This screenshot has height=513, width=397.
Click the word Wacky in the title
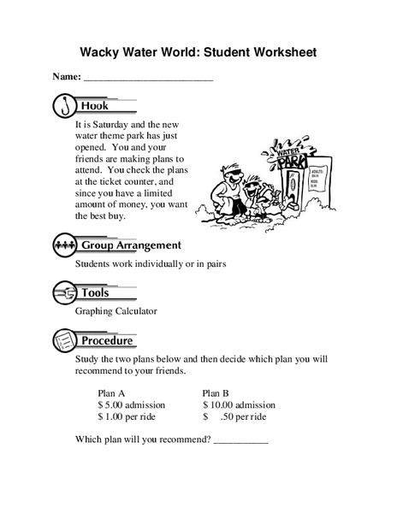click(101, 51)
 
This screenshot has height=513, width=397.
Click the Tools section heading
click(95, 293)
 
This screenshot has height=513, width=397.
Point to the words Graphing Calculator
click(116, 311)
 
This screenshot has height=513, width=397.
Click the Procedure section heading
click(107, 340)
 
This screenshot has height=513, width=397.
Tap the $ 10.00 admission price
click(239, 404)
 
